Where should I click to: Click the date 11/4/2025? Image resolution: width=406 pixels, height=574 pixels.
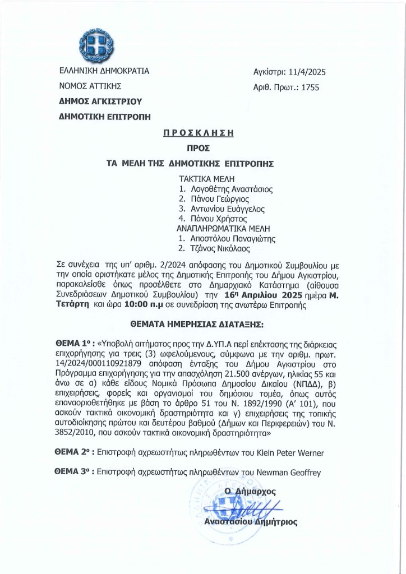pos(305,72)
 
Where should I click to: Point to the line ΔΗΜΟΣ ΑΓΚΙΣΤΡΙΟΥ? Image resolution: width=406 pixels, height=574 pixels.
pos(101,101)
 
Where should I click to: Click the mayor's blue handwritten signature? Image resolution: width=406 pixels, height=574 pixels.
pos(247,509)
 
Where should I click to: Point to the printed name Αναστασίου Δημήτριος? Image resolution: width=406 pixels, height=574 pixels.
pos(251,522)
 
